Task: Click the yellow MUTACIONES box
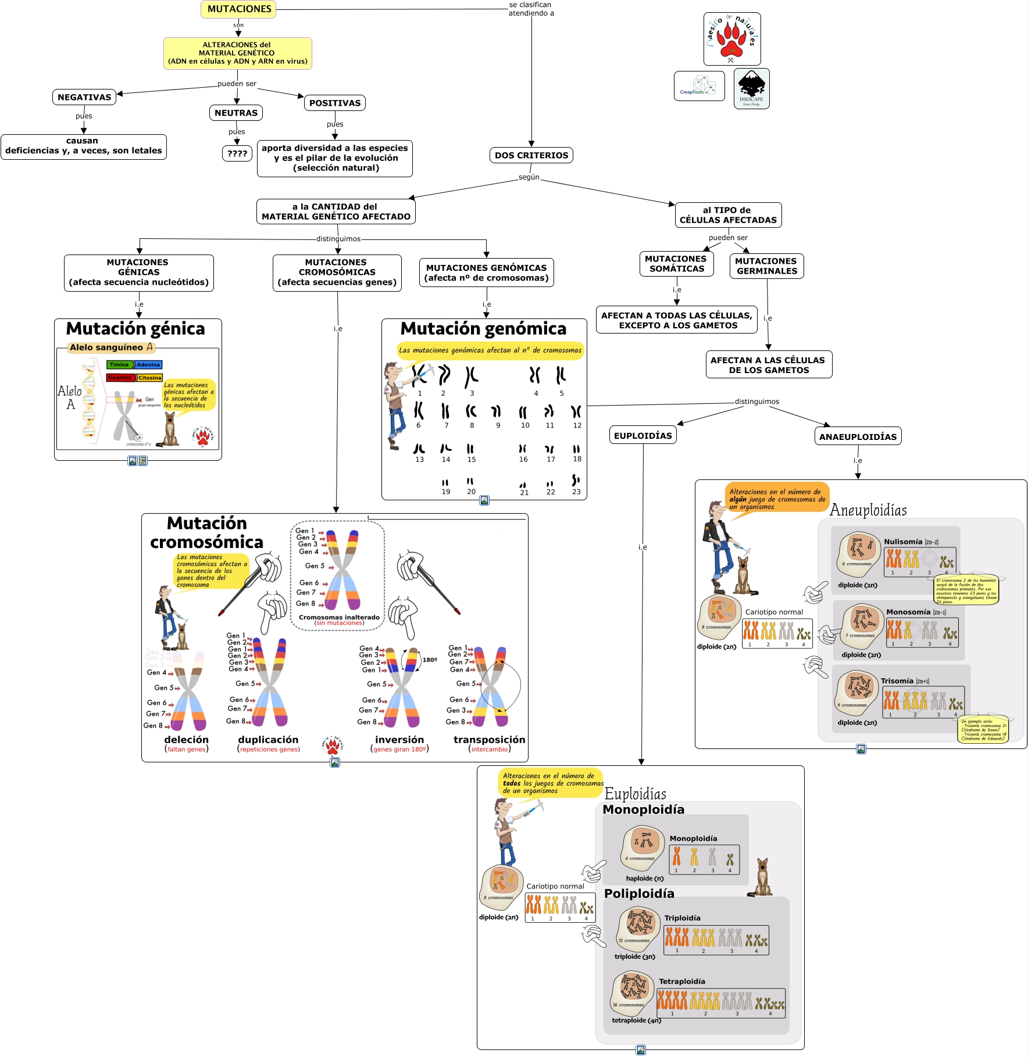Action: point(238,9)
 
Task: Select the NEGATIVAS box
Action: point(84,97)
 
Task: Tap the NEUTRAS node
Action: point(235,113)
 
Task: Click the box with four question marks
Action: point(237,153)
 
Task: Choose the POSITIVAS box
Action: point(334,103)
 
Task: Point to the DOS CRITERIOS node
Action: point(531,155)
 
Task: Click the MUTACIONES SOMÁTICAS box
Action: point(676,264)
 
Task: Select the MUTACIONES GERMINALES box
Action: point(766,266)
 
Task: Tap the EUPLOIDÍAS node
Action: point(642,436)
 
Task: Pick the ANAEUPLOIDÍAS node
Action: point(858,437)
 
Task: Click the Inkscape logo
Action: point(751,88)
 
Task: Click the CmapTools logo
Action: point(699,86)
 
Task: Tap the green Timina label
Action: point(119,365)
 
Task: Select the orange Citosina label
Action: point(149,378)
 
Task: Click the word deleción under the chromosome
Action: point(186,740)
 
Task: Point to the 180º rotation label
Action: point(430,660)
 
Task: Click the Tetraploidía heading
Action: point(681,981)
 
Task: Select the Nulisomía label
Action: point(902,542)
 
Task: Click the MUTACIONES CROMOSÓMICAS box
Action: point(337,273)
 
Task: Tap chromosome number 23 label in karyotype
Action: point(576,492)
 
